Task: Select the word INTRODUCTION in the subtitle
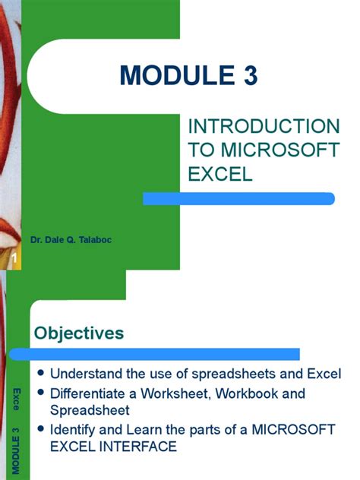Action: [264, 126]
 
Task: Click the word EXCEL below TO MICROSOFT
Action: [219, 175]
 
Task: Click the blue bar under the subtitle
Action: [239, 197]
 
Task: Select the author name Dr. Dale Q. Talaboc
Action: [71, 241]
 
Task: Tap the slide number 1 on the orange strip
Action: [13, 262]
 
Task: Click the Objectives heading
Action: [79, 333]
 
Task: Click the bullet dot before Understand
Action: [41, 374]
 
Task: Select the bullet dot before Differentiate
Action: [41, 393]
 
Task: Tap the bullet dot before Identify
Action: [41, 430]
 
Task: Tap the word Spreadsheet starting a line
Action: [87, 411]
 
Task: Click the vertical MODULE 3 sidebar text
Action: [15, 452]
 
